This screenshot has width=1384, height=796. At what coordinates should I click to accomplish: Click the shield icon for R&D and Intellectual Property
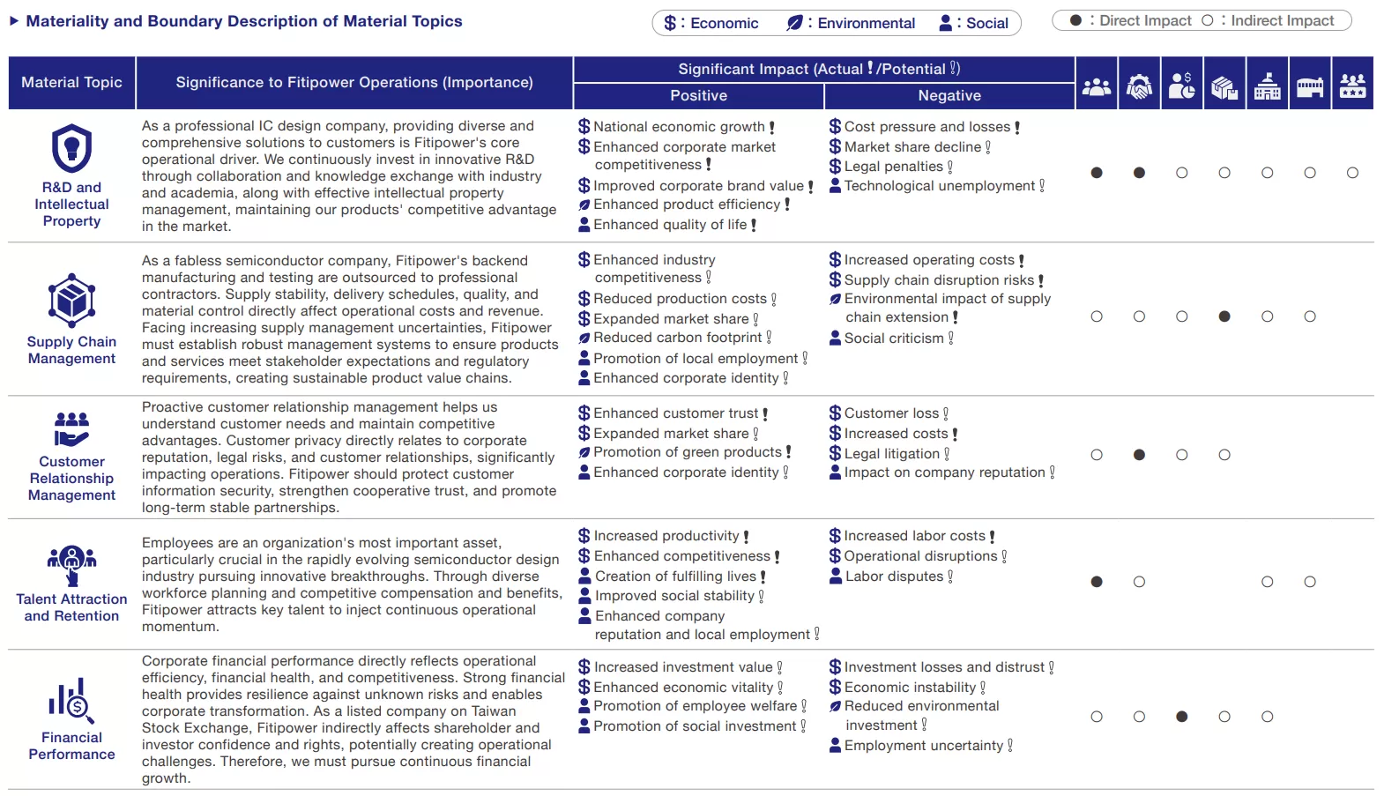coord(71,148)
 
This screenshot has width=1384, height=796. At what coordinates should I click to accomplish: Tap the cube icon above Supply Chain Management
coord(71,301)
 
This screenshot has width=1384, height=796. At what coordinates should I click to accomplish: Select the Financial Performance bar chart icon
coord(71,701)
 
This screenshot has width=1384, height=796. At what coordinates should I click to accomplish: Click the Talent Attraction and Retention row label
coord(71,607)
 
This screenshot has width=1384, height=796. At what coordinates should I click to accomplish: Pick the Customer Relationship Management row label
coord(71,478)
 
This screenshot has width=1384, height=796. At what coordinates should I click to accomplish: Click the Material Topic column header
coord(71,83)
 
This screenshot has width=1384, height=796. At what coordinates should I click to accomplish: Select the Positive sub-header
coord(698,95)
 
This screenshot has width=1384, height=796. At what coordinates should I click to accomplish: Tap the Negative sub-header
coord(949,95)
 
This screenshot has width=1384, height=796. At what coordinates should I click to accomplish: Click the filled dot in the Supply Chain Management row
coord(1224,316)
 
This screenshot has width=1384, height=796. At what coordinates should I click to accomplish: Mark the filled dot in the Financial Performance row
coord(1181,717)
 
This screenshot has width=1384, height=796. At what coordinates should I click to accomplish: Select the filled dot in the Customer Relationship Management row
coord(1139,455)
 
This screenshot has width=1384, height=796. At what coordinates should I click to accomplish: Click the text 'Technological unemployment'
coord(940,186)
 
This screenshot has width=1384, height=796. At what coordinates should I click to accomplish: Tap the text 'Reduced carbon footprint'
coord(677,338)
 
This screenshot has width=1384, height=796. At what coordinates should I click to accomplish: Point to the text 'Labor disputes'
coord(894,577)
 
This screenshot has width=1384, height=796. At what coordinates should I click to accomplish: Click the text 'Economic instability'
coord(910,688)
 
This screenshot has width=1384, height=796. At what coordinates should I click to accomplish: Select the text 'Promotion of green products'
coord(688,452)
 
